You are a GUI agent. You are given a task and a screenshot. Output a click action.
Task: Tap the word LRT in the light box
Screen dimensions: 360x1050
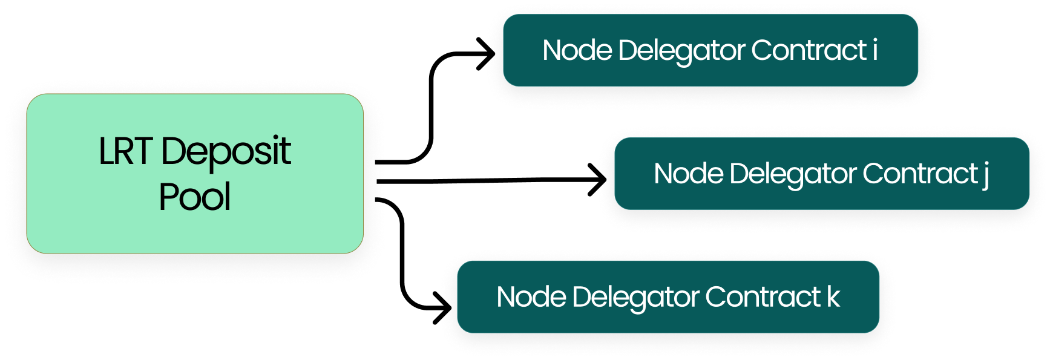[x=124, y=151]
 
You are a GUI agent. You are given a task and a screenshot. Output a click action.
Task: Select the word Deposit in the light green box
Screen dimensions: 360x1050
[x=226, y=151]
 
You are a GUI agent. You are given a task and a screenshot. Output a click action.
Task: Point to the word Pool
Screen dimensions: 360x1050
[x=194, y=197]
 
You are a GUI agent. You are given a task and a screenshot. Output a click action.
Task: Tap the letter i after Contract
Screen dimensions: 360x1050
[x=874, y=50]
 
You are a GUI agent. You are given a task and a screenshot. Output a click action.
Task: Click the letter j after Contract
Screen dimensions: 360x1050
[x=986, y=174]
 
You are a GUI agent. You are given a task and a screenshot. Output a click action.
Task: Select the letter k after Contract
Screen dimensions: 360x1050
[x=833, y=296]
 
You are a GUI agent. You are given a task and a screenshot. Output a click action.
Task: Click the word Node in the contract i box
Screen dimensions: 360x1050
[x=577, y=50]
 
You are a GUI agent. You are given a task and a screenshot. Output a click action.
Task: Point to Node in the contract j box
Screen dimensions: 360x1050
[x=688, y=174]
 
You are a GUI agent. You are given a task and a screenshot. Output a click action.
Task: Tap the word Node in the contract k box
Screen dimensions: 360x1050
[x=531, y=297]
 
